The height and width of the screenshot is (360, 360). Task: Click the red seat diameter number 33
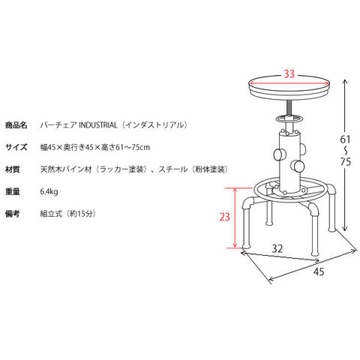click(289, 73)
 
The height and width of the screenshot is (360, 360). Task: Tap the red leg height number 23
click(224, 217)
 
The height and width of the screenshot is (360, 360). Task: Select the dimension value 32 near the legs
click(277, 248)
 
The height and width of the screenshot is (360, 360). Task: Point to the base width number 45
click(319, 271)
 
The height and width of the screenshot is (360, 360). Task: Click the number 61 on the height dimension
click(345, 139)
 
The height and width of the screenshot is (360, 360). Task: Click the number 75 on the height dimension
click(346, 162)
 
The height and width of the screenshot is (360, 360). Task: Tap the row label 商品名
click(16, 125)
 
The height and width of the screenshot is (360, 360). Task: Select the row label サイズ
click(16, 147)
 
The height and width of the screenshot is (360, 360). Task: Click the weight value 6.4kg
click(49, 192)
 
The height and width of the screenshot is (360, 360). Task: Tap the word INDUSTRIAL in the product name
click(98, 125)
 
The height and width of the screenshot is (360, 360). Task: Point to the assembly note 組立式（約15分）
click(68, 214)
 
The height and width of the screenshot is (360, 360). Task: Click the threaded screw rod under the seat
click(289, 108)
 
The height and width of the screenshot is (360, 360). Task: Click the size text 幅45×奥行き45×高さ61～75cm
click(95, 147)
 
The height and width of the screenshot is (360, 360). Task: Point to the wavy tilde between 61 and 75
click(346, 151)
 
